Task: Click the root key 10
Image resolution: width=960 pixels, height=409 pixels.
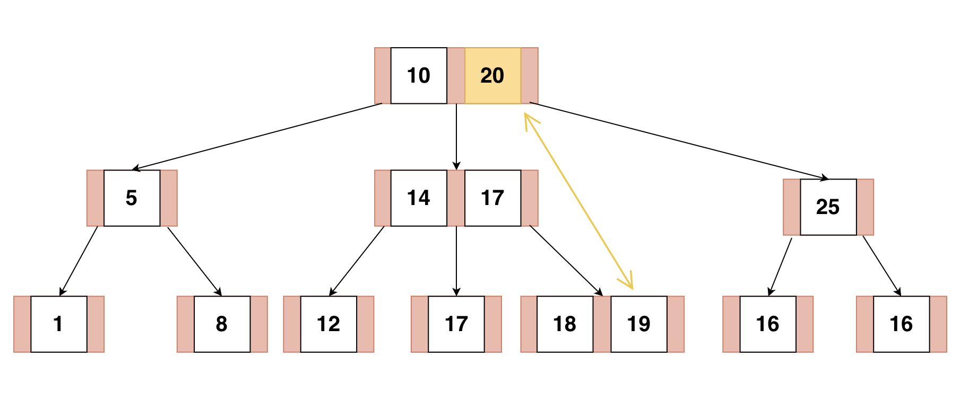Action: pyautogui.click(x=419, y=76)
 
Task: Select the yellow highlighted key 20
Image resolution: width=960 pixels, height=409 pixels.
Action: pyautogui.click(x=492, y=76)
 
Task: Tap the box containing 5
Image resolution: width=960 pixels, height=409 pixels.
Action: pyautogui.click(x=132, y=198)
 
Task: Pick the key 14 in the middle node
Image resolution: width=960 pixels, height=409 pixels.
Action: pyautogui.click(x=419, y=198)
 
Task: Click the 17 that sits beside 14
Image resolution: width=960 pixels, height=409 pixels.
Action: pyautogui.click(x=492, y=198)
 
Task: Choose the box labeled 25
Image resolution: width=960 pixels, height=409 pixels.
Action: pyautogui.click(x=828, y=207)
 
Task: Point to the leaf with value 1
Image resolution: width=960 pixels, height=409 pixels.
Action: pyautogui.click(x=58, y=324)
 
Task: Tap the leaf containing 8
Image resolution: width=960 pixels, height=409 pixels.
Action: pyautogui.click(x=222, y=324)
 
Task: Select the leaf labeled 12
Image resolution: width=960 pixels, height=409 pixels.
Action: pyautogui.click(x=328, y=324)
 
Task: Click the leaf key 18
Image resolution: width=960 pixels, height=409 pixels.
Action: pyautogui.click(x=565, y=324)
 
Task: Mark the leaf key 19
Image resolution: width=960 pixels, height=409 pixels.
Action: pyautogui.click(x=638, y=324)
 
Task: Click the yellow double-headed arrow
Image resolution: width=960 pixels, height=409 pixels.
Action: pyautogui.click(x=578, y=201)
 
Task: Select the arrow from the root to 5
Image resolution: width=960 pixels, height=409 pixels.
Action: pyautogui.click(x=257, y=136)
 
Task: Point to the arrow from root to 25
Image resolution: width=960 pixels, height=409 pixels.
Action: pyautogui.click(x=679, y=140)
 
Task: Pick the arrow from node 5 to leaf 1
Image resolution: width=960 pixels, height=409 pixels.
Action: pyautogui.click(x=79, y=261)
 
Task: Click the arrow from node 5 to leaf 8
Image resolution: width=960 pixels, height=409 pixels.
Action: pyautogui.click(x=194, y=261)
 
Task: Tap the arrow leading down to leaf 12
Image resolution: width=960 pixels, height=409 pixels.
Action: pyautogui.click(x=357, y=261)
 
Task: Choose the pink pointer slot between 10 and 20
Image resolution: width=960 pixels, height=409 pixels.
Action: pyautogui.click(x=456, y=76)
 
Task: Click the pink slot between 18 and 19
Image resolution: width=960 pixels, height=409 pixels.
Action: pyautogui.click(x=602, y=324)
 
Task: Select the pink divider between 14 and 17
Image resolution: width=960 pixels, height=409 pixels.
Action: pyautogui.click(x=456, y=198)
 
